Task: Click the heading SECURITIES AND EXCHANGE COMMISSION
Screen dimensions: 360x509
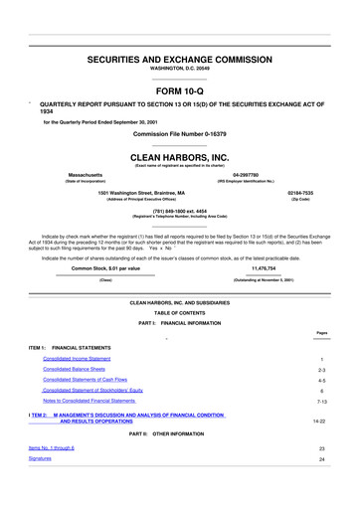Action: (x=180, y=60)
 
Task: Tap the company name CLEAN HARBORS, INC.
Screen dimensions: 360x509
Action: (x=180, y=157)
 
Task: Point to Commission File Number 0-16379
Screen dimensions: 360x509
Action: (x=180, y=133)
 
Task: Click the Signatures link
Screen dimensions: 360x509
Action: (x=41, y=487)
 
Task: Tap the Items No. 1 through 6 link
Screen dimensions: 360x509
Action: (x=52, y=476)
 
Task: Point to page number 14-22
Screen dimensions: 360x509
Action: (x=319, y=450)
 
